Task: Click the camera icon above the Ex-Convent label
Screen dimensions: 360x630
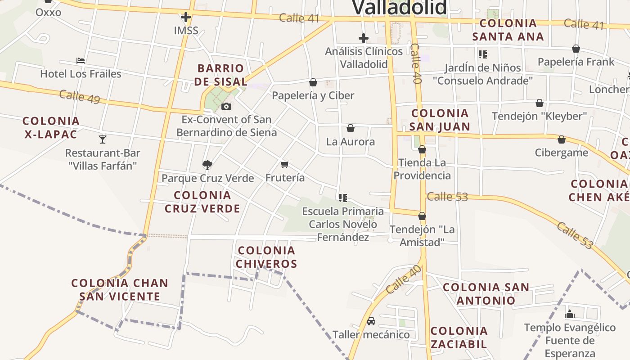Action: [x=226, y=107]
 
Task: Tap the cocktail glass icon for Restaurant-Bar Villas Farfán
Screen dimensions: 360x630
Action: [x=103, y=139]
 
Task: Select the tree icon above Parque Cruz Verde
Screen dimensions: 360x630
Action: [x=207, y=165]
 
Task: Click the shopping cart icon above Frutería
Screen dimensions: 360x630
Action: [x=284, y=164]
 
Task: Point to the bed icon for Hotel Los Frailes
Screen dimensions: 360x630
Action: [x=81, y=61]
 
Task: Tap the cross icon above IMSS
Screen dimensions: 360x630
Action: [x=185, y=18]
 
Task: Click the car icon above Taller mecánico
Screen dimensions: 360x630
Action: [x=371, y=321]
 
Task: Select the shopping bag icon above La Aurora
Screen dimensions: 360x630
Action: [x=351, y=128]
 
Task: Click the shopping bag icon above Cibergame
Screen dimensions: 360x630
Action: [x=561, y=139]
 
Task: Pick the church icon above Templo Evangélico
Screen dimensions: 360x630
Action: [x=570, y=314]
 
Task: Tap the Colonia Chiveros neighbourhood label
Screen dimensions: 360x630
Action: [x=266, y=257]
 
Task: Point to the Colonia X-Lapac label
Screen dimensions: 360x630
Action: [x=51, y=127]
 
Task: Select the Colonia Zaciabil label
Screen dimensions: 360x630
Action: [x=459, y=337]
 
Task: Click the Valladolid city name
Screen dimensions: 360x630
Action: [x=399, y=8]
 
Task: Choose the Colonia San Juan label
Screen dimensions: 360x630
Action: [x=440, y=120]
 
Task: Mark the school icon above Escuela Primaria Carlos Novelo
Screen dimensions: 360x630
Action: [x=343, y=198]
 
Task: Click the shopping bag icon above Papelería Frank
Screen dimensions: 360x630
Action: [x=576, y=49]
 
